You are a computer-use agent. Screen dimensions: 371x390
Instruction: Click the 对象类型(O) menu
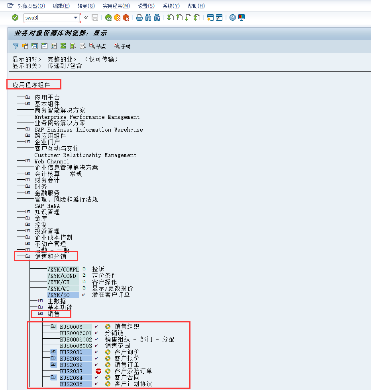[31, 6]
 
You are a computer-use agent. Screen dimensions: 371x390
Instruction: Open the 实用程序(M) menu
[116, 6]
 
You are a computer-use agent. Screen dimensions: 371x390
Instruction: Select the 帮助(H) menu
[196, 6]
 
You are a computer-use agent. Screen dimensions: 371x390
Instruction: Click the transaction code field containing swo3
[48, 17]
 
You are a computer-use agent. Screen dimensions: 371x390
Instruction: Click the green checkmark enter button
[15, 17]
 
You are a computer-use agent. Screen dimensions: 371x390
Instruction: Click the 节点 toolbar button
[98, 46]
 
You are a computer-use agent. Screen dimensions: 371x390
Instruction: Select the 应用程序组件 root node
[31, 84]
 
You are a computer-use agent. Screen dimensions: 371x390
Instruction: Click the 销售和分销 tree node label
[50, 256]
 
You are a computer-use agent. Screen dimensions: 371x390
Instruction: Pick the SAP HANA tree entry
[47, 206]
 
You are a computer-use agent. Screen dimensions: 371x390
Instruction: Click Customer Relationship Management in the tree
[85, 155]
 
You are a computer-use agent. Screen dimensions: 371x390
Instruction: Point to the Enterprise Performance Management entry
[87, 117]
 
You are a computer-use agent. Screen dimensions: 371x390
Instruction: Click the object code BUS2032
[71, 365]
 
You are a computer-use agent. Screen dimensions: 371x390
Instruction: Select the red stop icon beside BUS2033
[98, 371]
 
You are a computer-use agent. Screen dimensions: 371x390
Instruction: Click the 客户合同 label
[127, 377]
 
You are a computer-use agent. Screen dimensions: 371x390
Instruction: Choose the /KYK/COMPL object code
[63, 269]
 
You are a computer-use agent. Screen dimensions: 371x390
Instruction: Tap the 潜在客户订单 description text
[111, 295]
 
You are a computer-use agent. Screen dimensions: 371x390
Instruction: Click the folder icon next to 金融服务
[27, 193]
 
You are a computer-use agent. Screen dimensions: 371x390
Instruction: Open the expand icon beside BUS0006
[53, 326]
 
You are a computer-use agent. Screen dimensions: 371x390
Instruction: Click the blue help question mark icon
[233, 17]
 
